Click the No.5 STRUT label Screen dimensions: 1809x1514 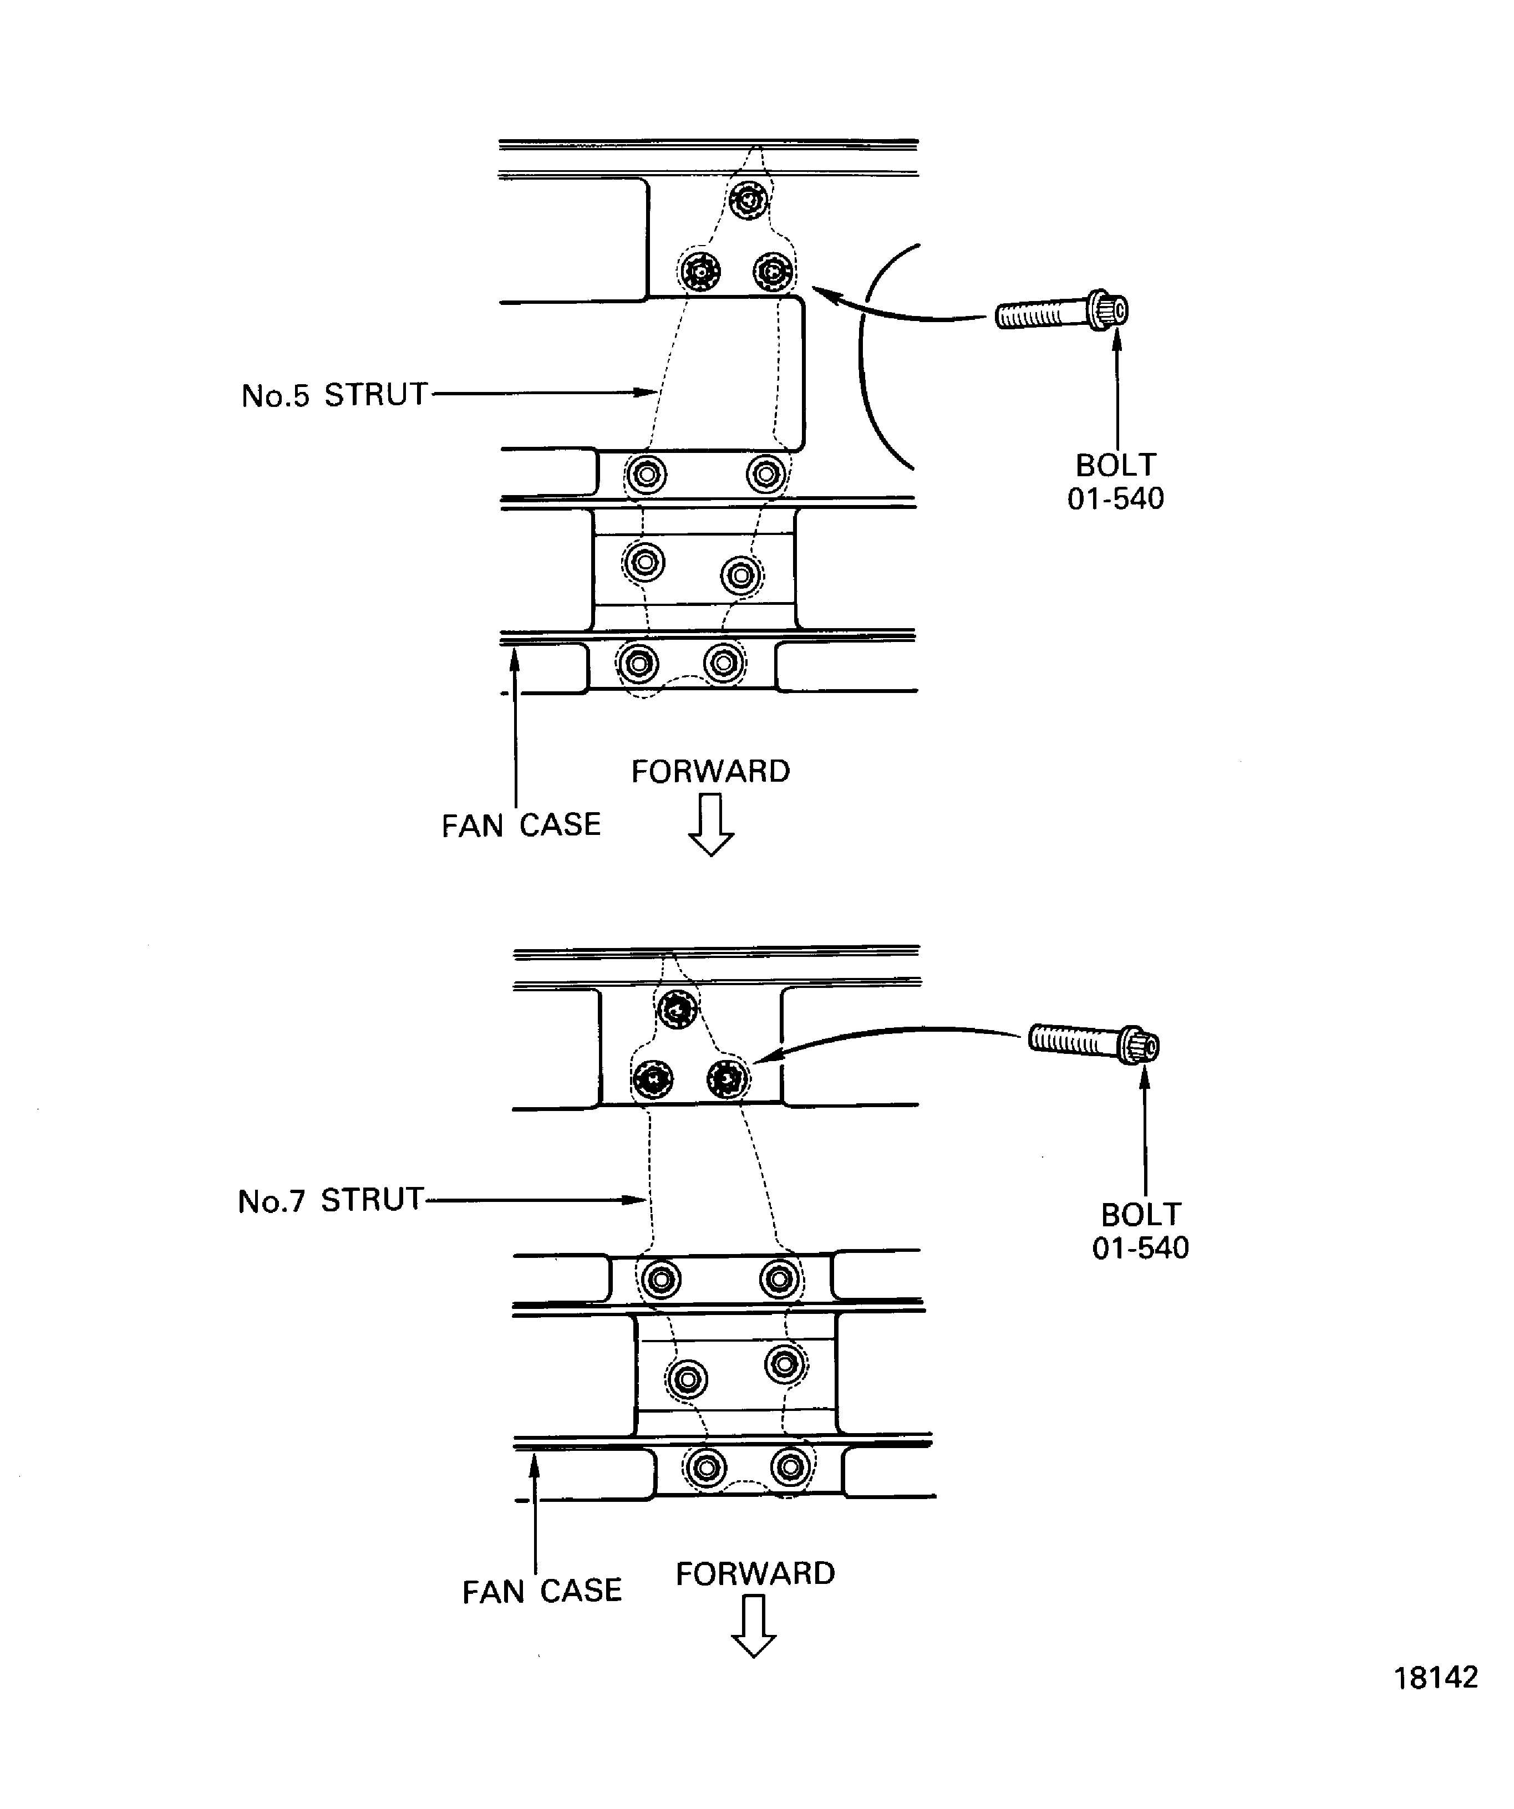[334, 395]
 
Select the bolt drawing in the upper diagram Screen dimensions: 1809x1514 [1061, 314]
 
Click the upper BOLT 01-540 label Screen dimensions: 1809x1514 [1115, 482]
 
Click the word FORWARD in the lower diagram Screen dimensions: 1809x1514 [755, 1574]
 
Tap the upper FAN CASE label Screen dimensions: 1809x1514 [520, 825]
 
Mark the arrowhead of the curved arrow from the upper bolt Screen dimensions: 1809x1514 [821, 293]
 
